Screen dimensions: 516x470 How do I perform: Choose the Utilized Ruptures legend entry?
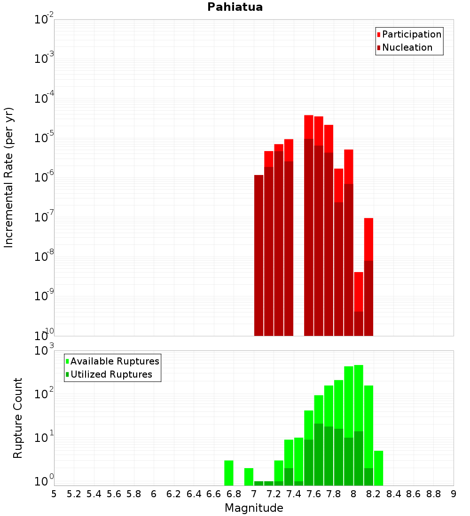[111, 374]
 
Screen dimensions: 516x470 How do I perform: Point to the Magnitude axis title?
[254, 508]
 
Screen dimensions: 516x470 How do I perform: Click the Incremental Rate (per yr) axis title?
[9, 177]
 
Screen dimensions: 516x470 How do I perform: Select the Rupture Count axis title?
[18, 418]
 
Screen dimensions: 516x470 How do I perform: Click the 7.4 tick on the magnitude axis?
[294, 494]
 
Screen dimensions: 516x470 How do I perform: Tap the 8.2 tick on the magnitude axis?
[374, 494]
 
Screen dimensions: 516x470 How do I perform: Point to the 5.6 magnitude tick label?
[114, 494]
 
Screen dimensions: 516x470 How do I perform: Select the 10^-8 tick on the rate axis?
[44, 257]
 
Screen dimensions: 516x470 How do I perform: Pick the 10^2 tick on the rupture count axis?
[44, 393]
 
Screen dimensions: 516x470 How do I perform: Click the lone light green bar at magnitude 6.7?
[229, 473]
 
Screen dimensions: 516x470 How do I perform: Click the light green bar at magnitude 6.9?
[249, 477]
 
